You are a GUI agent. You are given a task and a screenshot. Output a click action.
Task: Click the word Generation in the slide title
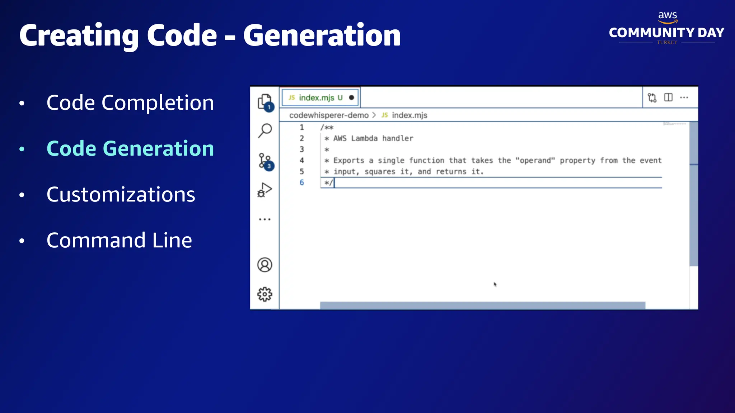click(322, 35)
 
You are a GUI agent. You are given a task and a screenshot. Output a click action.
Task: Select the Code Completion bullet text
click(130, 103)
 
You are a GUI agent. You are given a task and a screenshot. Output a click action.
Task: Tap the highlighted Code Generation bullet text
click(130, 148)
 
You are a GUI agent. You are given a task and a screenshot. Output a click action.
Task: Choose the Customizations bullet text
click(121, 194)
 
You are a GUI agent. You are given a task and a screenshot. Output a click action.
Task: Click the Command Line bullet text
click(119, 240)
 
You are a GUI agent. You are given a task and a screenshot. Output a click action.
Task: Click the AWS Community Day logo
click(666, 29)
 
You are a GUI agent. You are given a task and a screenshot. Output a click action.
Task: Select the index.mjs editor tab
click(316, 98)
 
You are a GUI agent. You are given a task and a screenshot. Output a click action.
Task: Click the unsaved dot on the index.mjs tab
click(351, 98)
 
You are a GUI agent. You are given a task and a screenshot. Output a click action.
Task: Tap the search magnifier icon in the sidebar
click(265, 130)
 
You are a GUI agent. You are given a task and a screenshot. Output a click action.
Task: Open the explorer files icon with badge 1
click(265, 102)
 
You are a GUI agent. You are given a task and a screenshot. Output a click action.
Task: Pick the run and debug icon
click(265, 190)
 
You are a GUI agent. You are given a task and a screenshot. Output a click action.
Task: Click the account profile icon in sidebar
click(265, 265)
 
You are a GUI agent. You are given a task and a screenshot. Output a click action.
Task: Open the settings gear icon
click(265, 294)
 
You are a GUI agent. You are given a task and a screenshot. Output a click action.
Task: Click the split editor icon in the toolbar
click(668, 98)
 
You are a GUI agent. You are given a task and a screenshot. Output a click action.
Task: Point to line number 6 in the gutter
click(301, 182)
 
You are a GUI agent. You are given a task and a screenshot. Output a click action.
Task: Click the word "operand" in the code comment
click(535, 161)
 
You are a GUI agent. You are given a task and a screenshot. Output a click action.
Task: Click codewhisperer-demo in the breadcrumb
click(329, 115)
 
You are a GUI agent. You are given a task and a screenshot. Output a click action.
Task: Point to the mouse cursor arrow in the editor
click(495, 284)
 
